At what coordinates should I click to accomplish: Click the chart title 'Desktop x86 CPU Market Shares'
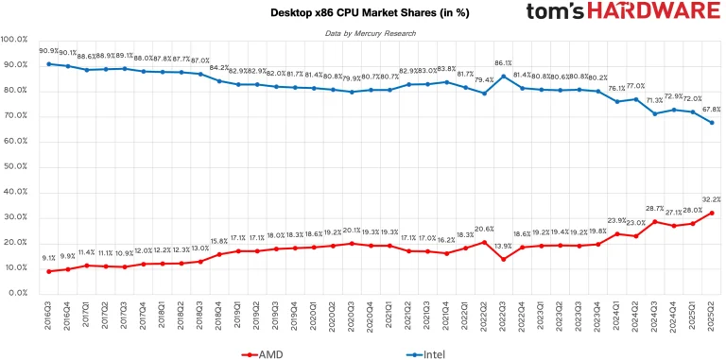click(x=363, y=12)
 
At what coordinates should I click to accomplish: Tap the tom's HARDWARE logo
click(x=610, y=14)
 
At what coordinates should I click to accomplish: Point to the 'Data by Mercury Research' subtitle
click(x=363, y=33)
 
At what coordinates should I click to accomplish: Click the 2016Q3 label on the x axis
click(x=49, y=313)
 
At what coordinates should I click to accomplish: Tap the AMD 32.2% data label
click(x=711, y=199)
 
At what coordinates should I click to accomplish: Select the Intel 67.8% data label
click(x=711, y=109)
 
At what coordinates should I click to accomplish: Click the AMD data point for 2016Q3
click(x=49, y=271)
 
